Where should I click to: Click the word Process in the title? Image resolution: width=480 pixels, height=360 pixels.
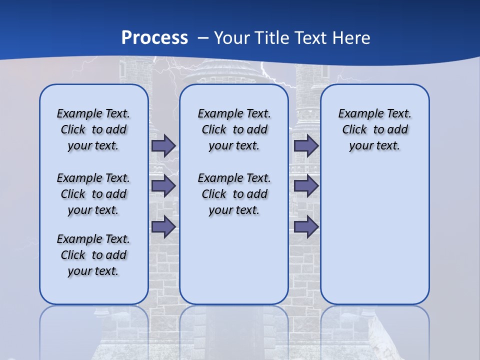click(x=154, y=37)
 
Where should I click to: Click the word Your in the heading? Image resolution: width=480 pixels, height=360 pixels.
click(x=232, y=37)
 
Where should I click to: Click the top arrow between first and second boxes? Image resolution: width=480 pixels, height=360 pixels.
click(x=163, y=145)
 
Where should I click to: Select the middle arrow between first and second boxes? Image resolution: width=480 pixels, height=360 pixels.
click(x=163, y=186)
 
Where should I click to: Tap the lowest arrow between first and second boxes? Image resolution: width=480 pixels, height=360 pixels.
click(x=163, y=227)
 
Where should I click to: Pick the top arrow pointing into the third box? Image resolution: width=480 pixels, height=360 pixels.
click(x=306, y=145)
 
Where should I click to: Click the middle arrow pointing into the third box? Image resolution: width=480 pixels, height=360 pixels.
click(x=306, y=186)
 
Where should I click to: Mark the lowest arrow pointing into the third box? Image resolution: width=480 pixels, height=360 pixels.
click(x=306, y=227)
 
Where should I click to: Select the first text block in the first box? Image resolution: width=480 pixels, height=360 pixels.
click(x=93, y=129)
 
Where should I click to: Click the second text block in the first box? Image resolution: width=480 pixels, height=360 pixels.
click(x=93, y=194)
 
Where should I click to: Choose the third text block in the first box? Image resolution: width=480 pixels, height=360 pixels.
click(x=93, y=255)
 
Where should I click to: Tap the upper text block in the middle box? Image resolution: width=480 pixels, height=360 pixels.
click(x=234, y=129)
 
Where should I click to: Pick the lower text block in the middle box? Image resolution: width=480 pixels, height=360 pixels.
click(x=234, y=194)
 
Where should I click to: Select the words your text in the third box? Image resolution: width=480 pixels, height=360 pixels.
click(x=374, y=146)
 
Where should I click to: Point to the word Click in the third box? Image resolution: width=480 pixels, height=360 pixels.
click(x=354, y=130)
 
